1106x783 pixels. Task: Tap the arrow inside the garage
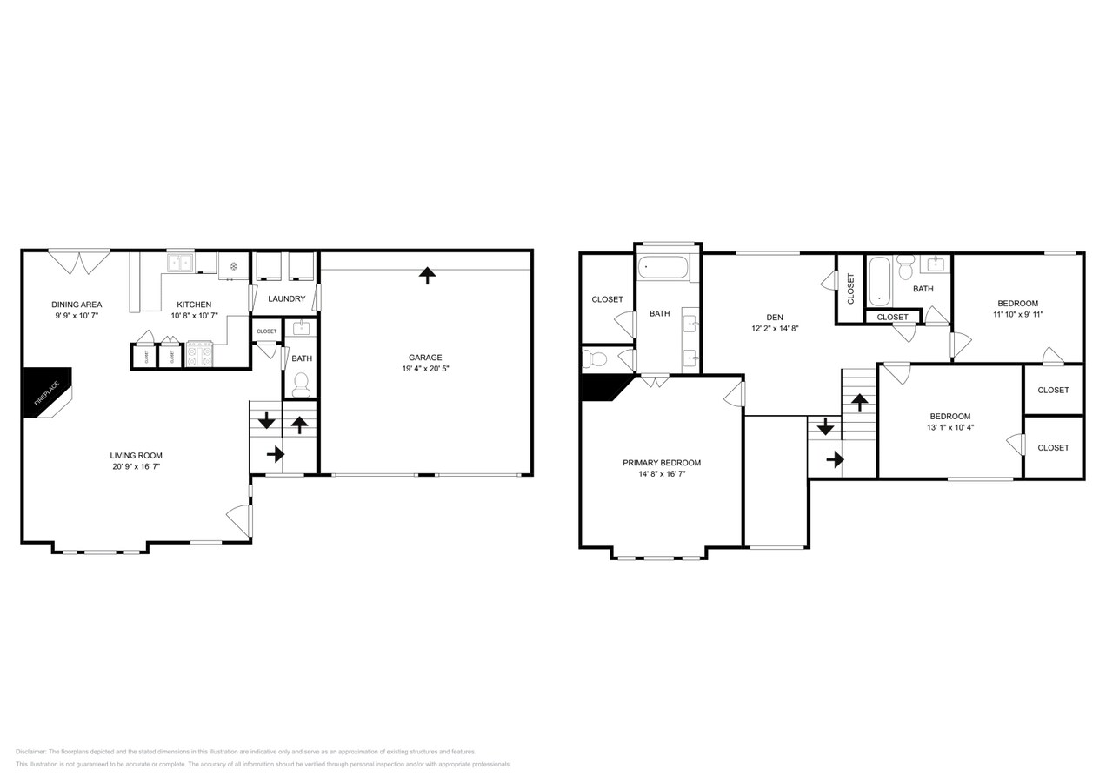pos(427,275)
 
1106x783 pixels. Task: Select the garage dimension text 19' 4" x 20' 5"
pos(425,369)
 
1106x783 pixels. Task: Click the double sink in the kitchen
pos(181,263)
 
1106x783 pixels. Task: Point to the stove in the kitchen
pos(200,355)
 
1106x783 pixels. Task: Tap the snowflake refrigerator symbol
pos(234,266)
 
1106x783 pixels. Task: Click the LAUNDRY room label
pos(286,299)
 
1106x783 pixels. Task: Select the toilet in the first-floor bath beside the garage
pos(302,383)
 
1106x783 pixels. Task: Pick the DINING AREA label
pos(77,304)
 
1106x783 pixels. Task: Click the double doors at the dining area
pos(79,261)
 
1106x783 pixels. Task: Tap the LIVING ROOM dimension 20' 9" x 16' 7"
pos(136,467)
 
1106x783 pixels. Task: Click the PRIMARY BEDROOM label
pos(662,463)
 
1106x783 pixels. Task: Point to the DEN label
pos(774,318)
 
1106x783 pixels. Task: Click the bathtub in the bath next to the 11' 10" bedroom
pos(879,280)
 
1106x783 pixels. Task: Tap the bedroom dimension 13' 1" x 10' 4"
pos(949,427)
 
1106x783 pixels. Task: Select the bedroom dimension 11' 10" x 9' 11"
pos(1017,315)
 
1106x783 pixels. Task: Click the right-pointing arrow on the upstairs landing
pos(835,459)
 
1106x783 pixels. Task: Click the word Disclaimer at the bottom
pos(30,752)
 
